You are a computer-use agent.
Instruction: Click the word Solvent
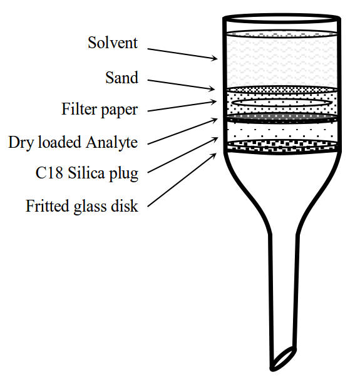pyautogui.click(x=113, y=43)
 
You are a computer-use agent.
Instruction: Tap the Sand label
pyautogui.click(x=122, y=78)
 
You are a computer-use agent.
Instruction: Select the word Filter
pyautogui.click(x=80, y=109)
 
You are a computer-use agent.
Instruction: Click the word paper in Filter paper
pyautogui.click(x=120, y=110)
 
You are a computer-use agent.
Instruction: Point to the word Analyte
pyautogui.click(x=112, y=143)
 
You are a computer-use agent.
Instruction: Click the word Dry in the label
pyautogui.click(x=22, y=143)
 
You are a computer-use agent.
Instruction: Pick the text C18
pyautogui.click(x=49, y=173)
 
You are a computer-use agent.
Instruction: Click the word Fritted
pyautogui.click(x=48, y=206)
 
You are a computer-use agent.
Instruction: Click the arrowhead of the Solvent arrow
pyautogui.click(x=215, y=58)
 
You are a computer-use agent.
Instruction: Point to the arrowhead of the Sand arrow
pyautogui.click(x=212, y=89)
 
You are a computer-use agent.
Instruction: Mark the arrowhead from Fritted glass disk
pyautogui.click(x=213, y=155)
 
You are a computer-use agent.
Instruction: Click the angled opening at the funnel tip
pyautogui.click(x=283, y=358)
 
